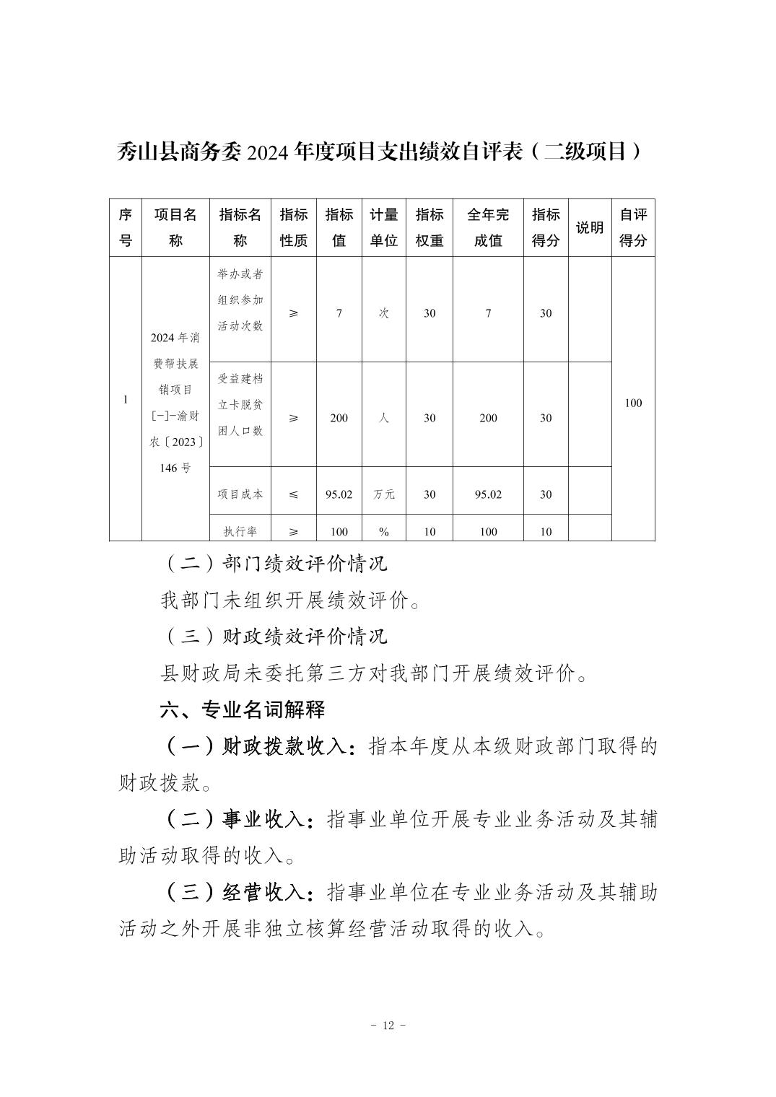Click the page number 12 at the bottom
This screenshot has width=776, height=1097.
(388, 1026)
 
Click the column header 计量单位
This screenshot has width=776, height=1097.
(384, 227)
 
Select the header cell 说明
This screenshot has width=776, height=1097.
(589, 228)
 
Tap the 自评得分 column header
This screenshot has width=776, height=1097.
(632, 227)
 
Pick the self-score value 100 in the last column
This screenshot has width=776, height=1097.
(632, 403)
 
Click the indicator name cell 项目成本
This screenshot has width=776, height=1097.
(240, 494)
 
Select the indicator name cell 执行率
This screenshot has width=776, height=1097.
(240, 532)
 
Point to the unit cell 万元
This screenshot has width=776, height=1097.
(384, 494)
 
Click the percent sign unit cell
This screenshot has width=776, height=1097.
(384, 532)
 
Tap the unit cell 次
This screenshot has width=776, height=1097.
(384, 313)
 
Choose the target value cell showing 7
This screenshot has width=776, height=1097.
(339, 313)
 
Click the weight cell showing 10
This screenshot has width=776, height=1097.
(430, 532)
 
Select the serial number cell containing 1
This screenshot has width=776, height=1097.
(126, 400)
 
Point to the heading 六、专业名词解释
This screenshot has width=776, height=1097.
(243, 710)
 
